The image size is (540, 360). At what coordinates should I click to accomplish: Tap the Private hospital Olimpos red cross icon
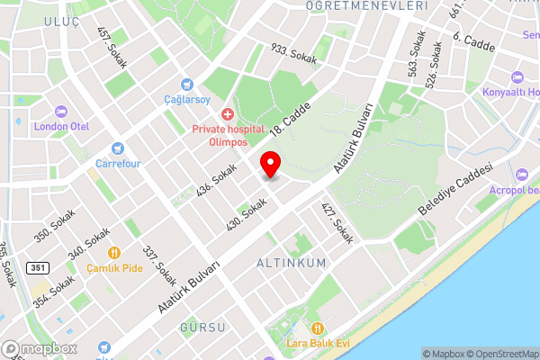click(227, 114)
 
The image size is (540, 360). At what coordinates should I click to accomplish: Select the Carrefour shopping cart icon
click(115, 148)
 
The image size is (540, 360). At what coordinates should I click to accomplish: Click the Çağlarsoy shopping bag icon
click(186, 84)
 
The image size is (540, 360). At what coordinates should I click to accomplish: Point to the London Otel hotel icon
click(61, 112)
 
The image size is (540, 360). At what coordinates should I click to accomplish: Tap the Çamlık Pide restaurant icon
click(114, 253)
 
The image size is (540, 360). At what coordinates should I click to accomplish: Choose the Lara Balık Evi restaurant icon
click(317, 328)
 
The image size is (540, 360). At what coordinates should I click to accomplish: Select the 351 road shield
click(37, 267)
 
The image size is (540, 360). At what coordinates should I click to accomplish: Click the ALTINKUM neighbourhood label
click(292, 263)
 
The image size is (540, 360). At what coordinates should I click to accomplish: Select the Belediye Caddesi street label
click(456, 189)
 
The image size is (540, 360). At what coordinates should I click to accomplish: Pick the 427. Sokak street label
click(338, 222)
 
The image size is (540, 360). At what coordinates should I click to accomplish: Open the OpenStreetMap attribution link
click(500, 354)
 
